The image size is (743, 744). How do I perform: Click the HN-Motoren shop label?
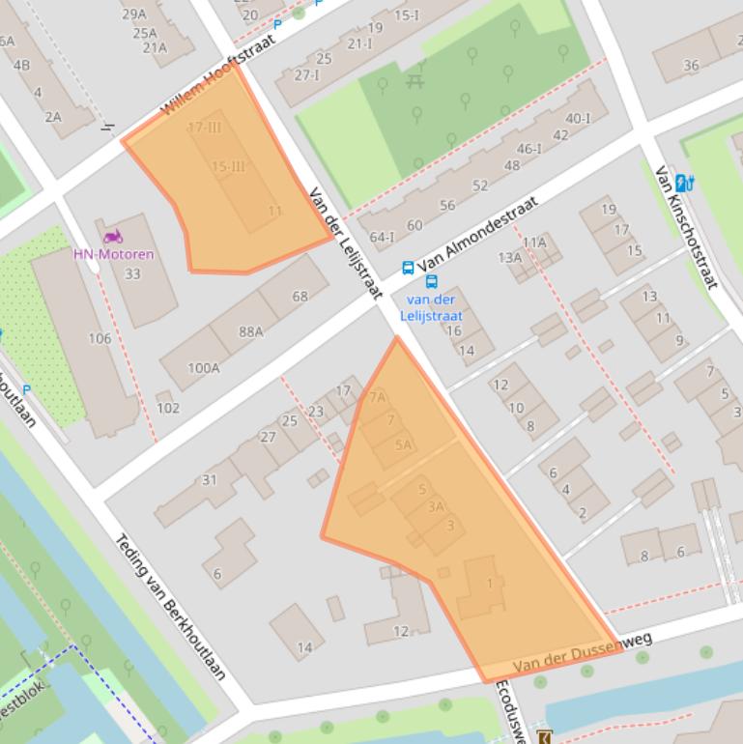tap(113, 254)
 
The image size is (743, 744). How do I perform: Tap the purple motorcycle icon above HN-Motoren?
tap(113, 237)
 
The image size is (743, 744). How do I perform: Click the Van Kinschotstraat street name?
tap(686, 227)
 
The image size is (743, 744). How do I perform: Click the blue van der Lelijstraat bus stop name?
tap(431, 308)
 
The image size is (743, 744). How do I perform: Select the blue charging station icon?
tap(684, 182)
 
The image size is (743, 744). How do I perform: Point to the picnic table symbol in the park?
tap(415, 81)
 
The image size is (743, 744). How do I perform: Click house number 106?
tap(100, 338)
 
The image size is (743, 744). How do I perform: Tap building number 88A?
tap(251, 331)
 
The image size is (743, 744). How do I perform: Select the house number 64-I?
tap(382, 237)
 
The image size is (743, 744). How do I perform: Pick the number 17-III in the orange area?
tap(204, 128)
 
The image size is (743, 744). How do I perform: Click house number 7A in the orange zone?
tap(377, 396)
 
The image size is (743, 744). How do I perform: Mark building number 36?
tap(690, 66)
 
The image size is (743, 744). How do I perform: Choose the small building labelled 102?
tap(167, 408)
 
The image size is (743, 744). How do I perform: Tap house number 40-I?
tap(578, 119)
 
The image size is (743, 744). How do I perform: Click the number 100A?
tap(203, 367)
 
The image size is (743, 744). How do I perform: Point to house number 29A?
tap(132, 14)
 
